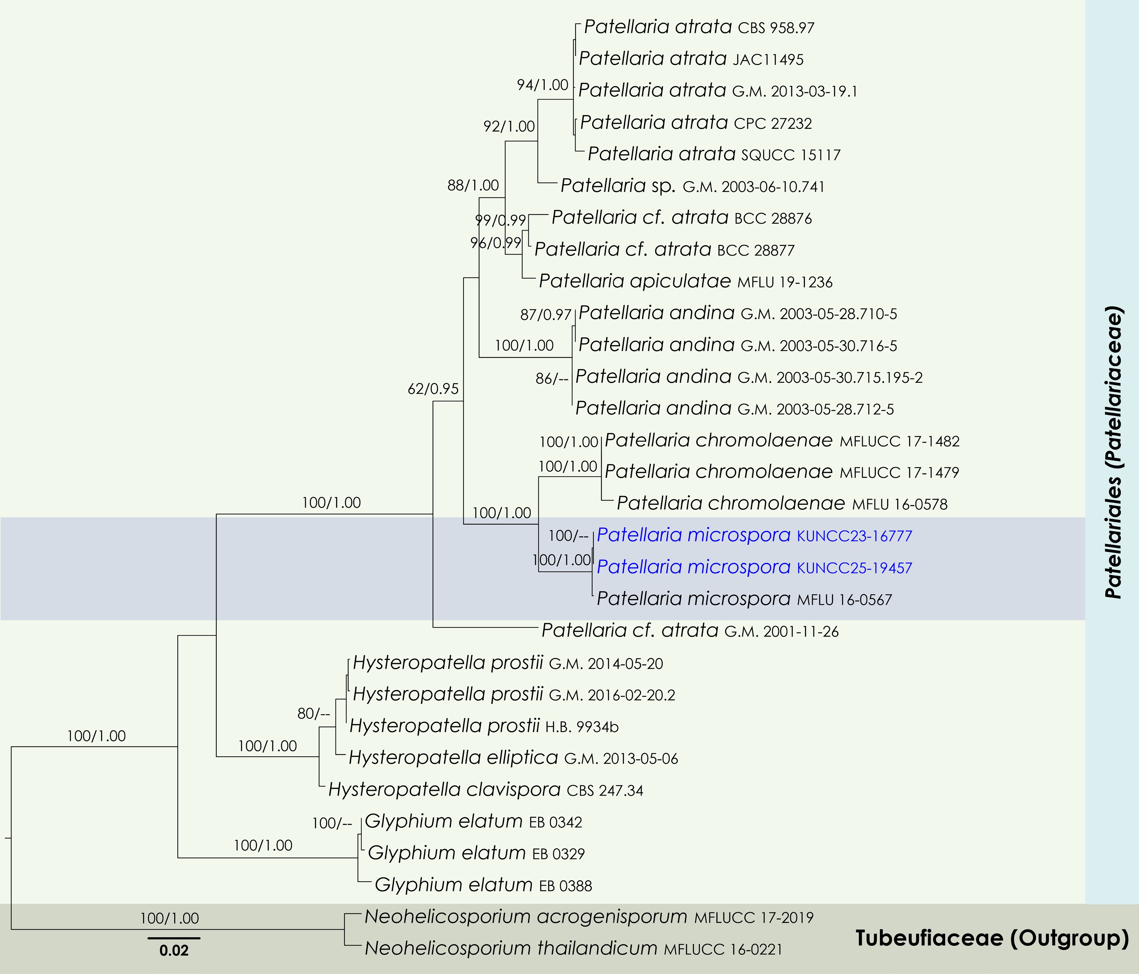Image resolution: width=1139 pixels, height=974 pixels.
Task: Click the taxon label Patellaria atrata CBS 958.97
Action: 699,27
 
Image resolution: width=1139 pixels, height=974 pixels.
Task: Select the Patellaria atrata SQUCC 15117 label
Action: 714,155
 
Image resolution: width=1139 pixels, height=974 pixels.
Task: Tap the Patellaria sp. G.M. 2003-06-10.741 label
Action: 692,186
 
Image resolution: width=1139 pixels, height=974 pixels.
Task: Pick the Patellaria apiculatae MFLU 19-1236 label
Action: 685,281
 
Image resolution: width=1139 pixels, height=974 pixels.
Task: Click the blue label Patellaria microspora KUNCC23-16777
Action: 754,535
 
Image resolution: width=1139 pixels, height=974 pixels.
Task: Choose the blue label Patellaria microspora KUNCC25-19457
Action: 754,567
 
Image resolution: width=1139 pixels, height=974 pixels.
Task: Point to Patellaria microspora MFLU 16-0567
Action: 744,599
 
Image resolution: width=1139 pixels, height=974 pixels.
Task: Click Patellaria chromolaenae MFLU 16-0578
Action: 782,504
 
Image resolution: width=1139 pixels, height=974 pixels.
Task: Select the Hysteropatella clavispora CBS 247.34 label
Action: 485,790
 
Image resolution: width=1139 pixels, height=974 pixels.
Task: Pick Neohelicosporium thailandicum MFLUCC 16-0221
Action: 573,948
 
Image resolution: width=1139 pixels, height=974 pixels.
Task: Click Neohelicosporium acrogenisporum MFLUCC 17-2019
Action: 589,917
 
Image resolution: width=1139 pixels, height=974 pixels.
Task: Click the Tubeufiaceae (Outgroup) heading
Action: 992,938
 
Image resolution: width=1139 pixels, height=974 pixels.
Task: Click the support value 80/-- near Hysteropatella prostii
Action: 313,714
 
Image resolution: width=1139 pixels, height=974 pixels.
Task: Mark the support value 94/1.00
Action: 542,85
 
